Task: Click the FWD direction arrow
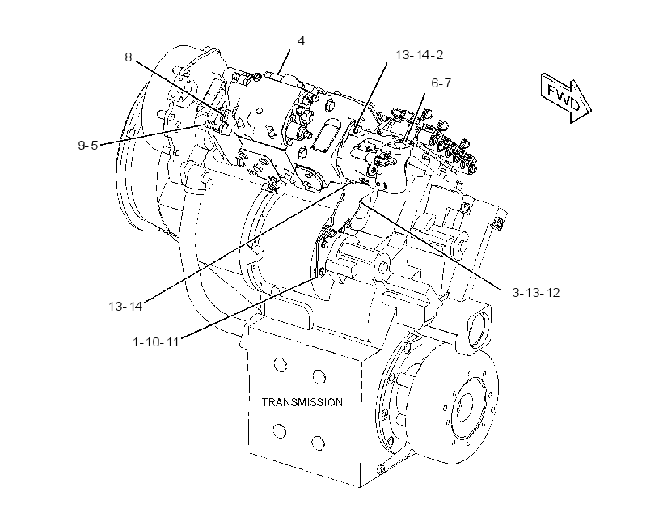[x=566, y=98]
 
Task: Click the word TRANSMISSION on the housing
[x=302, y=402]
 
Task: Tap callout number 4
[x=301, y=41]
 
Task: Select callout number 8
[x=129, y=57]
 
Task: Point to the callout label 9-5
[x=88, y=145]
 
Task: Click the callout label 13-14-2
[x=420, y=54]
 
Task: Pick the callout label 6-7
[x=441, y=83]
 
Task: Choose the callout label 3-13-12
[x=536, y=292]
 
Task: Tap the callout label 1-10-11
[x=156, y=342]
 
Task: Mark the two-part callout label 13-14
[x=125, y=307]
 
